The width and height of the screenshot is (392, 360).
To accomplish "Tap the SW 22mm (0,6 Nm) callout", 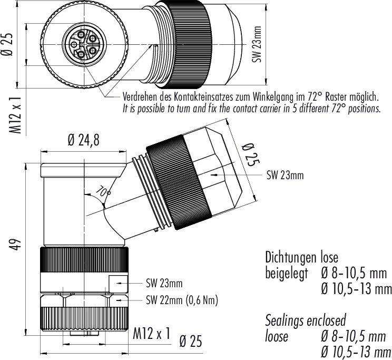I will point(181,300).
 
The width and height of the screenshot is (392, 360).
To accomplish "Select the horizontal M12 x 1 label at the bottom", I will point(152,334).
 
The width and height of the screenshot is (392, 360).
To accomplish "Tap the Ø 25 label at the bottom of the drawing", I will point(191,341).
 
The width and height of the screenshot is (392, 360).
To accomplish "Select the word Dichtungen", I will point(291,258).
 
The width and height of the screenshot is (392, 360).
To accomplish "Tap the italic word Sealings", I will point(285,320).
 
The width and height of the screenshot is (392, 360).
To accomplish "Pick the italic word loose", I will point(276,336).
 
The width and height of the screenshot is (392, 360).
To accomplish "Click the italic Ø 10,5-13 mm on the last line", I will point(356,352).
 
